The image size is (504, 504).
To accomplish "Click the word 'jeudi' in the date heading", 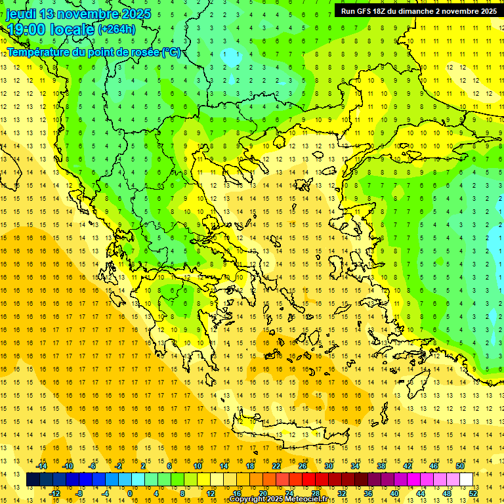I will click(x=21, y=14).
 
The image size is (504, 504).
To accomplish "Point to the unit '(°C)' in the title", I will click(x=171, y=52).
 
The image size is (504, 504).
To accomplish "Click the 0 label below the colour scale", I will click(x=130, y=493).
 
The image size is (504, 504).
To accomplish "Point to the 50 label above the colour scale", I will click(x=459, y=466).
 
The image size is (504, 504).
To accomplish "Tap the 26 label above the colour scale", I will click(x=303, y=466).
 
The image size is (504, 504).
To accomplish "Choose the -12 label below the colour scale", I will click(x=54, y=493).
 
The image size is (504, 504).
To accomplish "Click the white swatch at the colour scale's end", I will click(x=466, y=480).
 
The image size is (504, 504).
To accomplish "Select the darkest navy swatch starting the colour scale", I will click(x=33, y=480).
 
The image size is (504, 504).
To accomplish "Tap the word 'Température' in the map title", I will click(x=38, y=52).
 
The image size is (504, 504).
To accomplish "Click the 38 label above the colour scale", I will click(x=381, y=466).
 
